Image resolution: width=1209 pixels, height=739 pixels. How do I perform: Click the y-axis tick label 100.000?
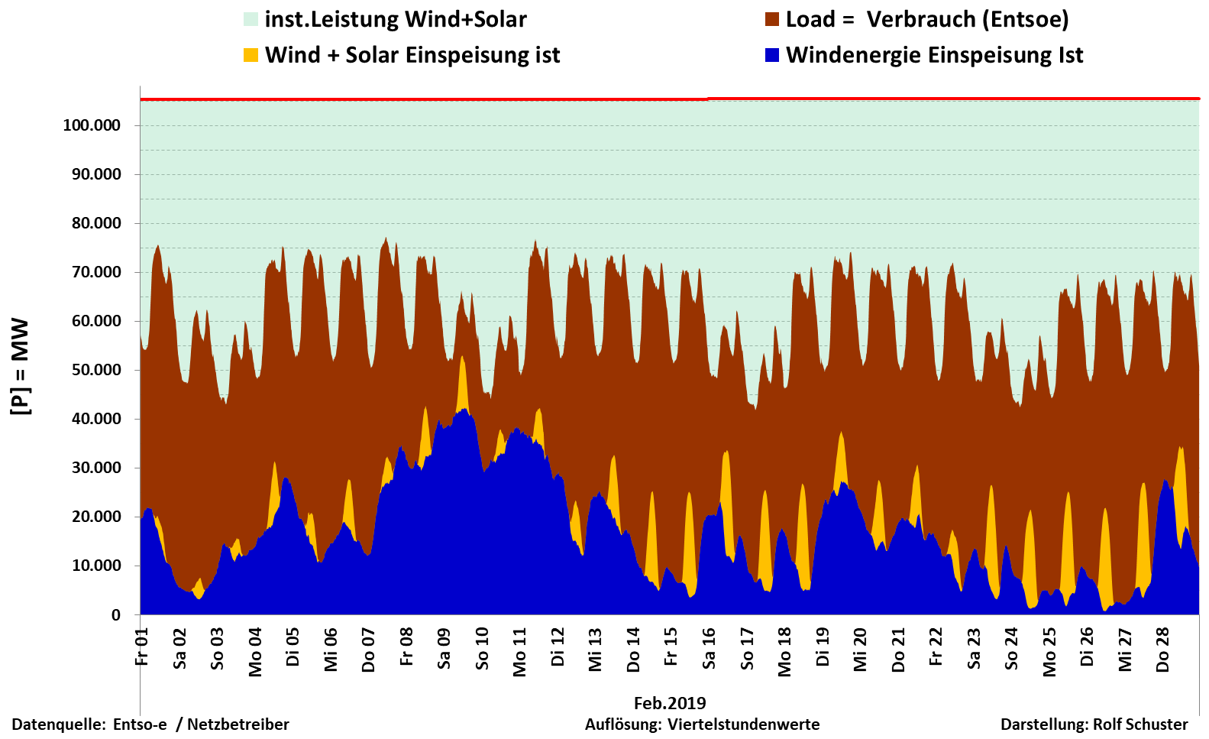92,125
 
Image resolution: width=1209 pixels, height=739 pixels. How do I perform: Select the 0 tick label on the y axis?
115,615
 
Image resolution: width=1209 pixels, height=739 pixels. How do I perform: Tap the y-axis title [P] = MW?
21,367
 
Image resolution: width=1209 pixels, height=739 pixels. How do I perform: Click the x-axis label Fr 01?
142,647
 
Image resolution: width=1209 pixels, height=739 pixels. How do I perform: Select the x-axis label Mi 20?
860,650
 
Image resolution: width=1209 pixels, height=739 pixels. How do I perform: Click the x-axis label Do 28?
1162,650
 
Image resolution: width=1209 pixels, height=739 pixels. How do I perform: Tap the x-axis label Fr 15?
671,647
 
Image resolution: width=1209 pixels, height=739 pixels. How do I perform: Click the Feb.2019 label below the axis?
670,703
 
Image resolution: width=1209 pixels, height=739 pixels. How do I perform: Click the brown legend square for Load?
772,20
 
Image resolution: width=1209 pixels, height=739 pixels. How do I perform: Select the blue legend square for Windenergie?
772,55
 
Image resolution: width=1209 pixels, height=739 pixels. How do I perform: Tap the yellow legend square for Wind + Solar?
251,55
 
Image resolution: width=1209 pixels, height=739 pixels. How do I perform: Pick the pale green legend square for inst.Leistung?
251,20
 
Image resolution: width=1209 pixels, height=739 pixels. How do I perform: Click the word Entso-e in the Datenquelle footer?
140,724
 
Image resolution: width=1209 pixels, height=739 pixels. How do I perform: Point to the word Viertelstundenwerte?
743,724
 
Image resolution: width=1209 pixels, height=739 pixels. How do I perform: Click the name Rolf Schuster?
1140,724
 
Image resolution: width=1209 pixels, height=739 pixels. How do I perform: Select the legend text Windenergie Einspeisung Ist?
934,55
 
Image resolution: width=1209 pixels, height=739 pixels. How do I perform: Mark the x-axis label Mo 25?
1049,652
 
